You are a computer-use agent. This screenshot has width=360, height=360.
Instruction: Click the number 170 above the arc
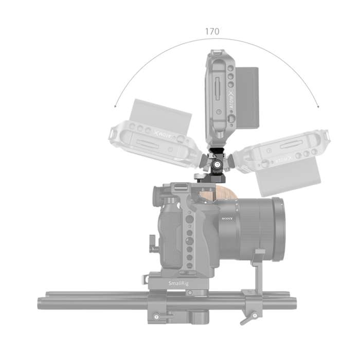pos(212,31)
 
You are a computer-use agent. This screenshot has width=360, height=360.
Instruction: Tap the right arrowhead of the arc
pos(318,107)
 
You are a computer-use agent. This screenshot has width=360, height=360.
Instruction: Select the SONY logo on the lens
pos(227,218)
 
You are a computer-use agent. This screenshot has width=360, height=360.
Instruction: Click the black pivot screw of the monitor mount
pos(218,165)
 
